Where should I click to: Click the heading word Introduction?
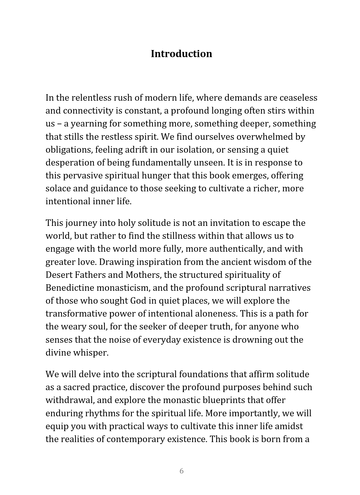(x=181, y=54)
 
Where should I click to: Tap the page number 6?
(x=182, y=471)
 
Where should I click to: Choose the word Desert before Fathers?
(x=59, y=275)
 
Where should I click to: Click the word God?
(x=138, y=301)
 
